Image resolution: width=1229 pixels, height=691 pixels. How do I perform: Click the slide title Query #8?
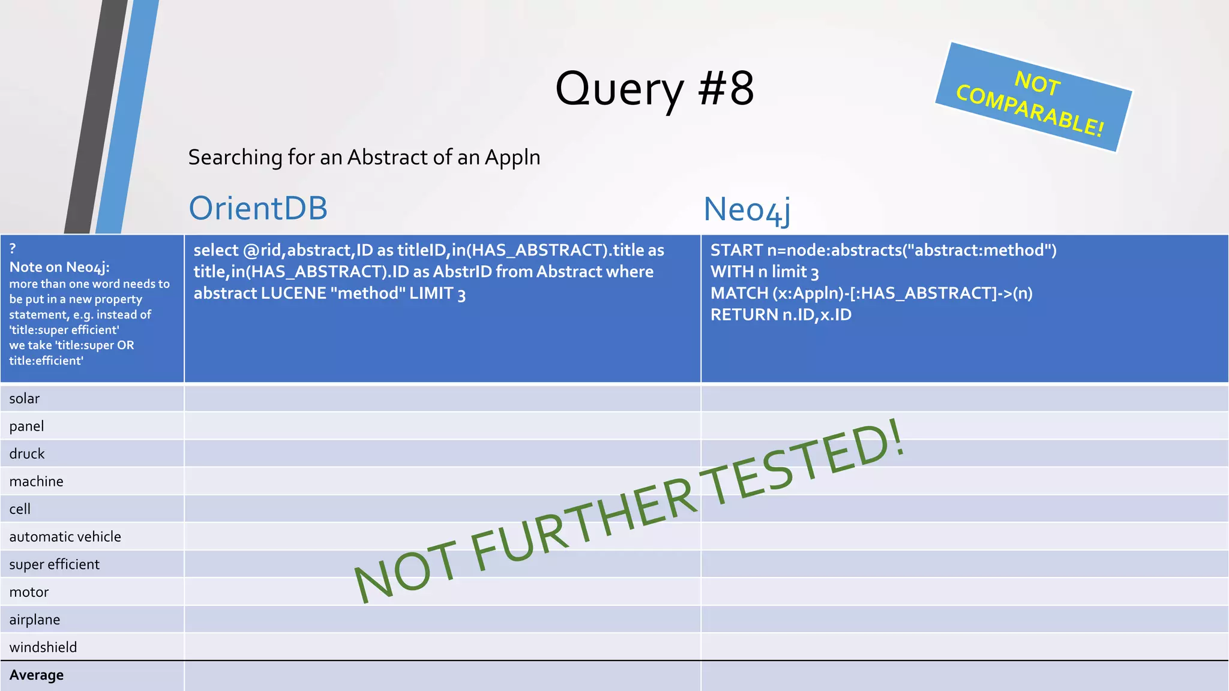pos(654,89)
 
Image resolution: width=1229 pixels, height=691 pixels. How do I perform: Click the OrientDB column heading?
pos(258,208)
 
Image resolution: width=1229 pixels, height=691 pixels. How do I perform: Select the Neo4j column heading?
pos(747,210)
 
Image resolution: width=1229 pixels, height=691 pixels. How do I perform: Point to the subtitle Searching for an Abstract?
pos(364,157)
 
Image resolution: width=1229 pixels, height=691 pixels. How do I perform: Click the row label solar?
pos(25,399)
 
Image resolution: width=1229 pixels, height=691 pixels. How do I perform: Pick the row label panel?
pos(27,426)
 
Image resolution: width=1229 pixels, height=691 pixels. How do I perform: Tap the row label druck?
pos(27,454)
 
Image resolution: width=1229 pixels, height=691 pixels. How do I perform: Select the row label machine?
pos(36,482)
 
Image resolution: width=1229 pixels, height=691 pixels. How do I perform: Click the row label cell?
pos(20,509)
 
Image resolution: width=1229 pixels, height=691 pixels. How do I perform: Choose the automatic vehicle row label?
pos(65,537)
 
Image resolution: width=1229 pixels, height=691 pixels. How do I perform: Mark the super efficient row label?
pos(54,564)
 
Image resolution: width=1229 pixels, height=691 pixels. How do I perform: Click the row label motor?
pos(29,592)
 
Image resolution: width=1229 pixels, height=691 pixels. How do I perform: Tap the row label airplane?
pos(35,620)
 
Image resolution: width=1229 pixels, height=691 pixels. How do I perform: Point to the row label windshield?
pos(43,647)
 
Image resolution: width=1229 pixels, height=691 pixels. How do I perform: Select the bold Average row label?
pos(37,675)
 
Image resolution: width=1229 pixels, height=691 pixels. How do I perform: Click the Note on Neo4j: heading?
pos(59,268)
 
